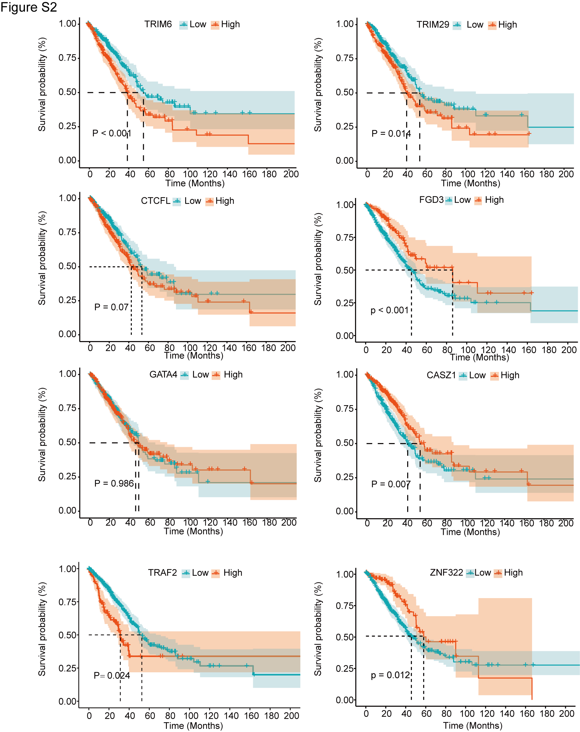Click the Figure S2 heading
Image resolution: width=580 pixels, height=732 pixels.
click(x=28, y=8)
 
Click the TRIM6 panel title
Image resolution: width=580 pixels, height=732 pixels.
click(x=158, y=24)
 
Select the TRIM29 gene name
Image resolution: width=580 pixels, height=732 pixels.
click(x=432, y=25)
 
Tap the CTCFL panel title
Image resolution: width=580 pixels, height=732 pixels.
click(x=155, y=201)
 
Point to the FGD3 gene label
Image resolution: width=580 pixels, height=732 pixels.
click(x=431, y=200)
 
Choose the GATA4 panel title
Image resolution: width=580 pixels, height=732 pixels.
click(x=163, y=375)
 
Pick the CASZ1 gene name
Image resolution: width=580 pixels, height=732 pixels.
click(x=441, y=375)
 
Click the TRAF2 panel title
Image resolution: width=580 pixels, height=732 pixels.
click(x=162, y=573)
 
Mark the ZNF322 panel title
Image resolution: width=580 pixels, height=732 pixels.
click(x=446, y=573)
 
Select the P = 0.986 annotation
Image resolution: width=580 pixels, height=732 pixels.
click(x=114, y=483)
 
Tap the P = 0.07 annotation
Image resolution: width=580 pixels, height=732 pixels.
click(x=111, y=307)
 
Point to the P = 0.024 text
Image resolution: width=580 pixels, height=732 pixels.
click(x=112, y=676)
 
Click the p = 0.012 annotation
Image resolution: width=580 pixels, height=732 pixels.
click(x=390, y=675)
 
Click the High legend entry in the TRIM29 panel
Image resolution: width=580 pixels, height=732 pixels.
click(x=507, y=25)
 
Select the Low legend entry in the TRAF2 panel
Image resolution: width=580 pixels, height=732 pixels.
click(x=200, y=573)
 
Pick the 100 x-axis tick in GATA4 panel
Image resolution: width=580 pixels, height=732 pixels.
click(x=190, y=523)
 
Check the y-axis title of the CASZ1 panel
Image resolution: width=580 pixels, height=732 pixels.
click(x=318, y=435)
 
